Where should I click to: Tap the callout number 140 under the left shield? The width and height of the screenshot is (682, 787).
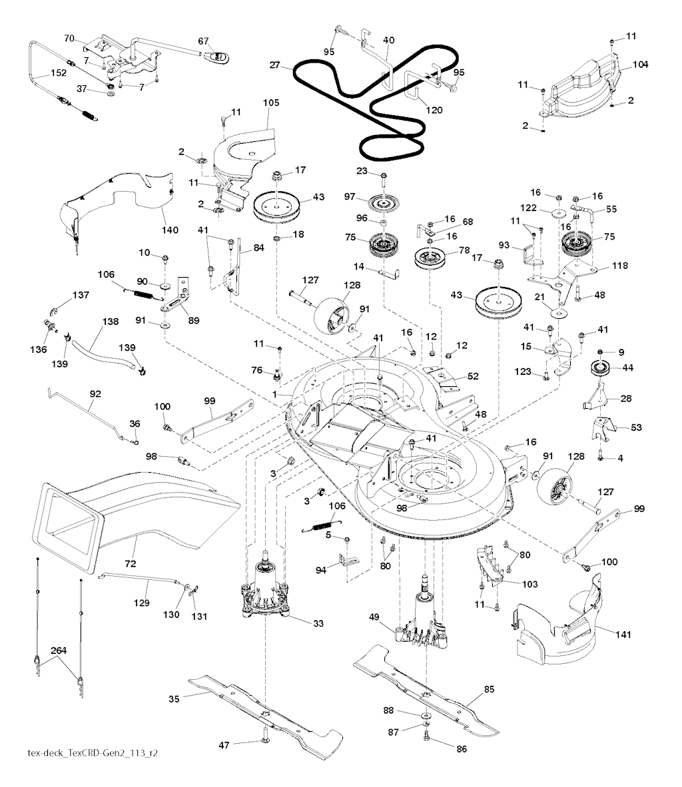click(170, 230)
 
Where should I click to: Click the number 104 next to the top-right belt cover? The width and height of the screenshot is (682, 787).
click(640, 65)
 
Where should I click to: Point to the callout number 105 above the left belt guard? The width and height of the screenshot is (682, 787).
click(272, 103)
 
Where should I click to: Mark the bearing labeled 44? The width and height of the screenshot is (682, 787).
click(601, 368)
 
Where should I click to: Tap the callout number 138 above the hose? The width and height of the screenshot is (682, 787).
click(110, 322)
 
